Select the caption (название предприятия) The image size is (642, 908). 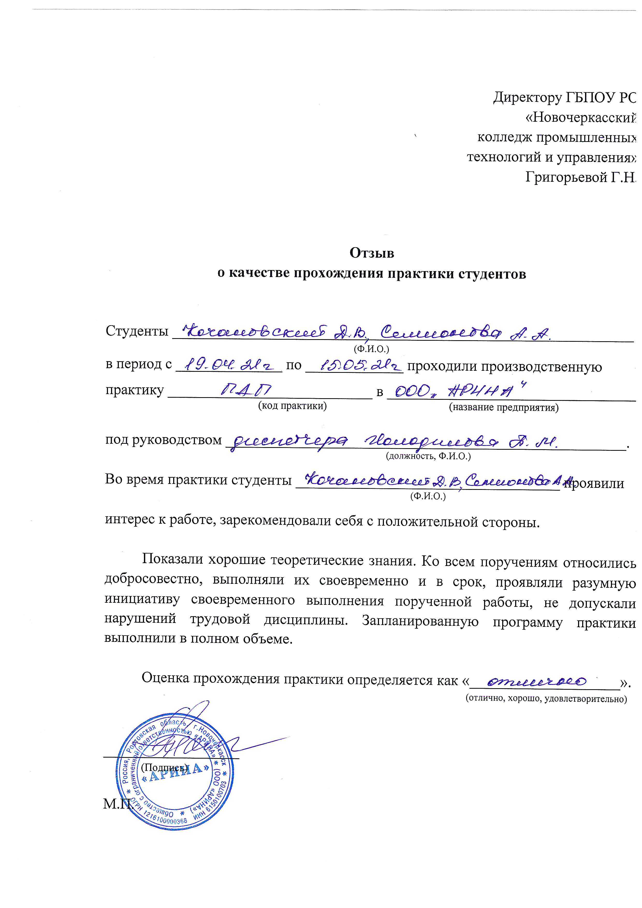point(504,407)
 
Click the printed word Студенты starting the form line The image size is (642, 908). point(137,331)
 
